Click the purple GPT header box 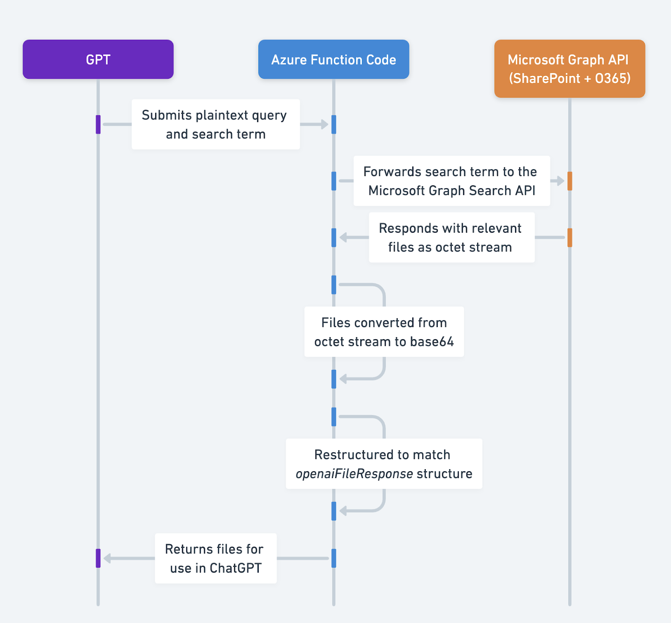[98, 60]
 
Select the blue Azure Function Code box [333, 60]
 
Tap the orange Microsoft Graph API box [570, 69]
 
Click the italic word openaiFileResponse [354, 474]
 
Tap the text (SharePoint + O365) [570, 78]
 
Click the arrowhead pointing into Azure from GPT [324, 125]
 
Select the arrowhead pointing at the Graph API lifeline [560, 181]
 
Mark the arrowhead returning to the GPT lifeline [107, 558]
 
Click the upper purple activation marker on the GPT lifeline [98, 125]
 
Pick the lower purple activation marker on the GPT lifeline [98, 558]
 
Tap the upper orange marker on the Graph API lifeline [570, 181]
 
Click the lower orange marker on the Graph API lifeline [570, 237]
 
